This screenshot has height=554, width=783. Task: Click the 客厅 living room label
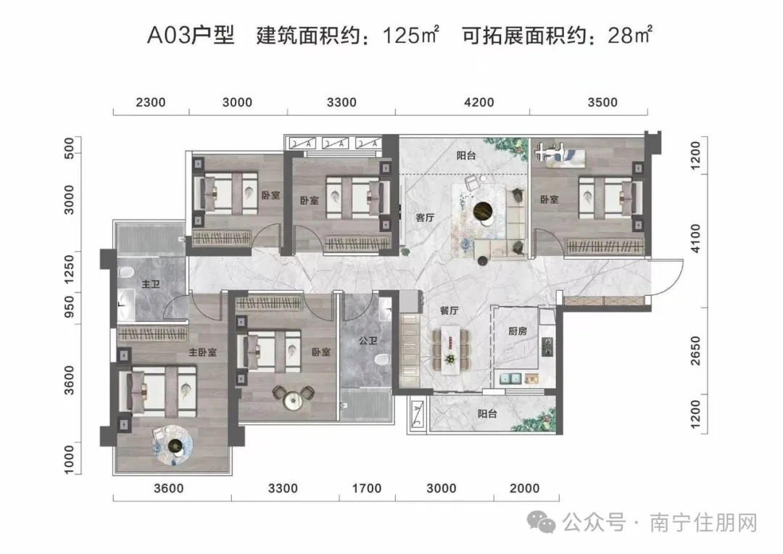click(425, 217)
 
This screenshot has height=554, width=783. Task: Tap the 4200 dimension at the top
click(477, 102)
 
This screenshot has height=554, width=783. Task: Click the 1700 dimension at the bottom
click(368, 489)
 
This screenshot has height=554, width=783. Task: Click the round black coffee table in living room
click(481, 211)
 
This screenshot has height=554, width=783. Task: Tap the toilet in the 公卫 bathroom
click(384, 360)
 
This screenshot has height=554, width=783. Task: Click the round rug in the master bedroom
click(174, 445)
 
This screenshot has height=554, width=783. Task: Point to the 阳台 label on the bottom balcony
click(487, 414)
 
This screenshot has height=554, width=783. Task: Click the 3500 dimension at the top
click(600, 102)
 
